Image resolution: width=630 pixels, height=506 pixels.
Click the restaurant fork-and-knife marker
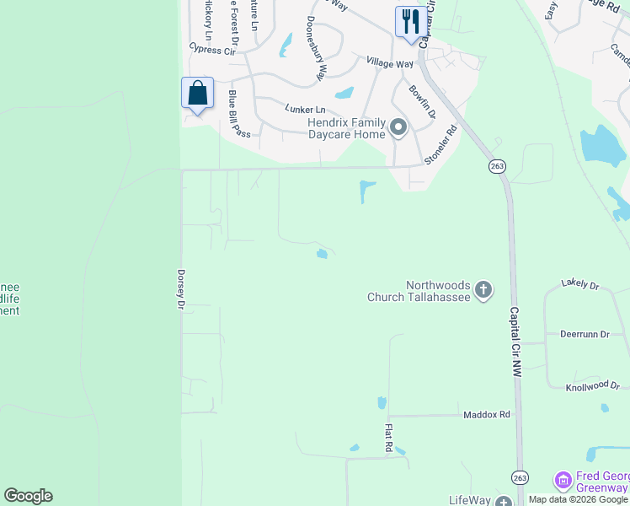pyautogui.click(x=410, y=21)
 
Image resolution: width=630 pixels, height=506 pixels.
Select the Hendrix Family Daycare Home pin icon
pyautogui.click(x=398, y=128)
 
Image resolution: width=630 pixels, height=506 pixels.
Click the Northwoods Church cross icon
pyautogui.click(x=483, y=291)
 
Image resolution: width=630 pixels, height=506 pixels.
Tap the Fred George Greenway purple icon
pyautogui.click(x=563, y=482)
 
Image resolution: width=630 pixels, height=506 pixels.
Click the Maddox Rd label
pyautogui.click(x=487, y=415)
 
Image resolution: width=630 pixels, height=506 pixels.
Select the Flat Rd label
pyautogui.click(x=389, y=437)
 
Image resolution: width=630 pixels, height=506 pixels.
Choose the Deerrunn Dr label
pyautogui.click(x=584, y=335)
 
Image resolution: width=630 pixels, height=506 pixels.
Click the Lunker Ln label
pyautogui.click(x=305, y=110)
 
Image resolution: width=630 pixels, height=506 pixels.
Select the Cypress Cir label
pyautogui.click(x=211, y=50)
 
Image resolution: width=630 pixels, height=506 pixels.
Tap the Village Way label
pyautogui.click(x=389, y=62)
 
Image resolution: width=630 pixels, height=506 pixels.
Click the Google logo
pyautogui.click(x=28, y=496)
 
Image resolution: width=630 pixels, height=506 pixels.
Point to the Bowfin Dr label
pyautogui.click(x=422, y=101)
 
